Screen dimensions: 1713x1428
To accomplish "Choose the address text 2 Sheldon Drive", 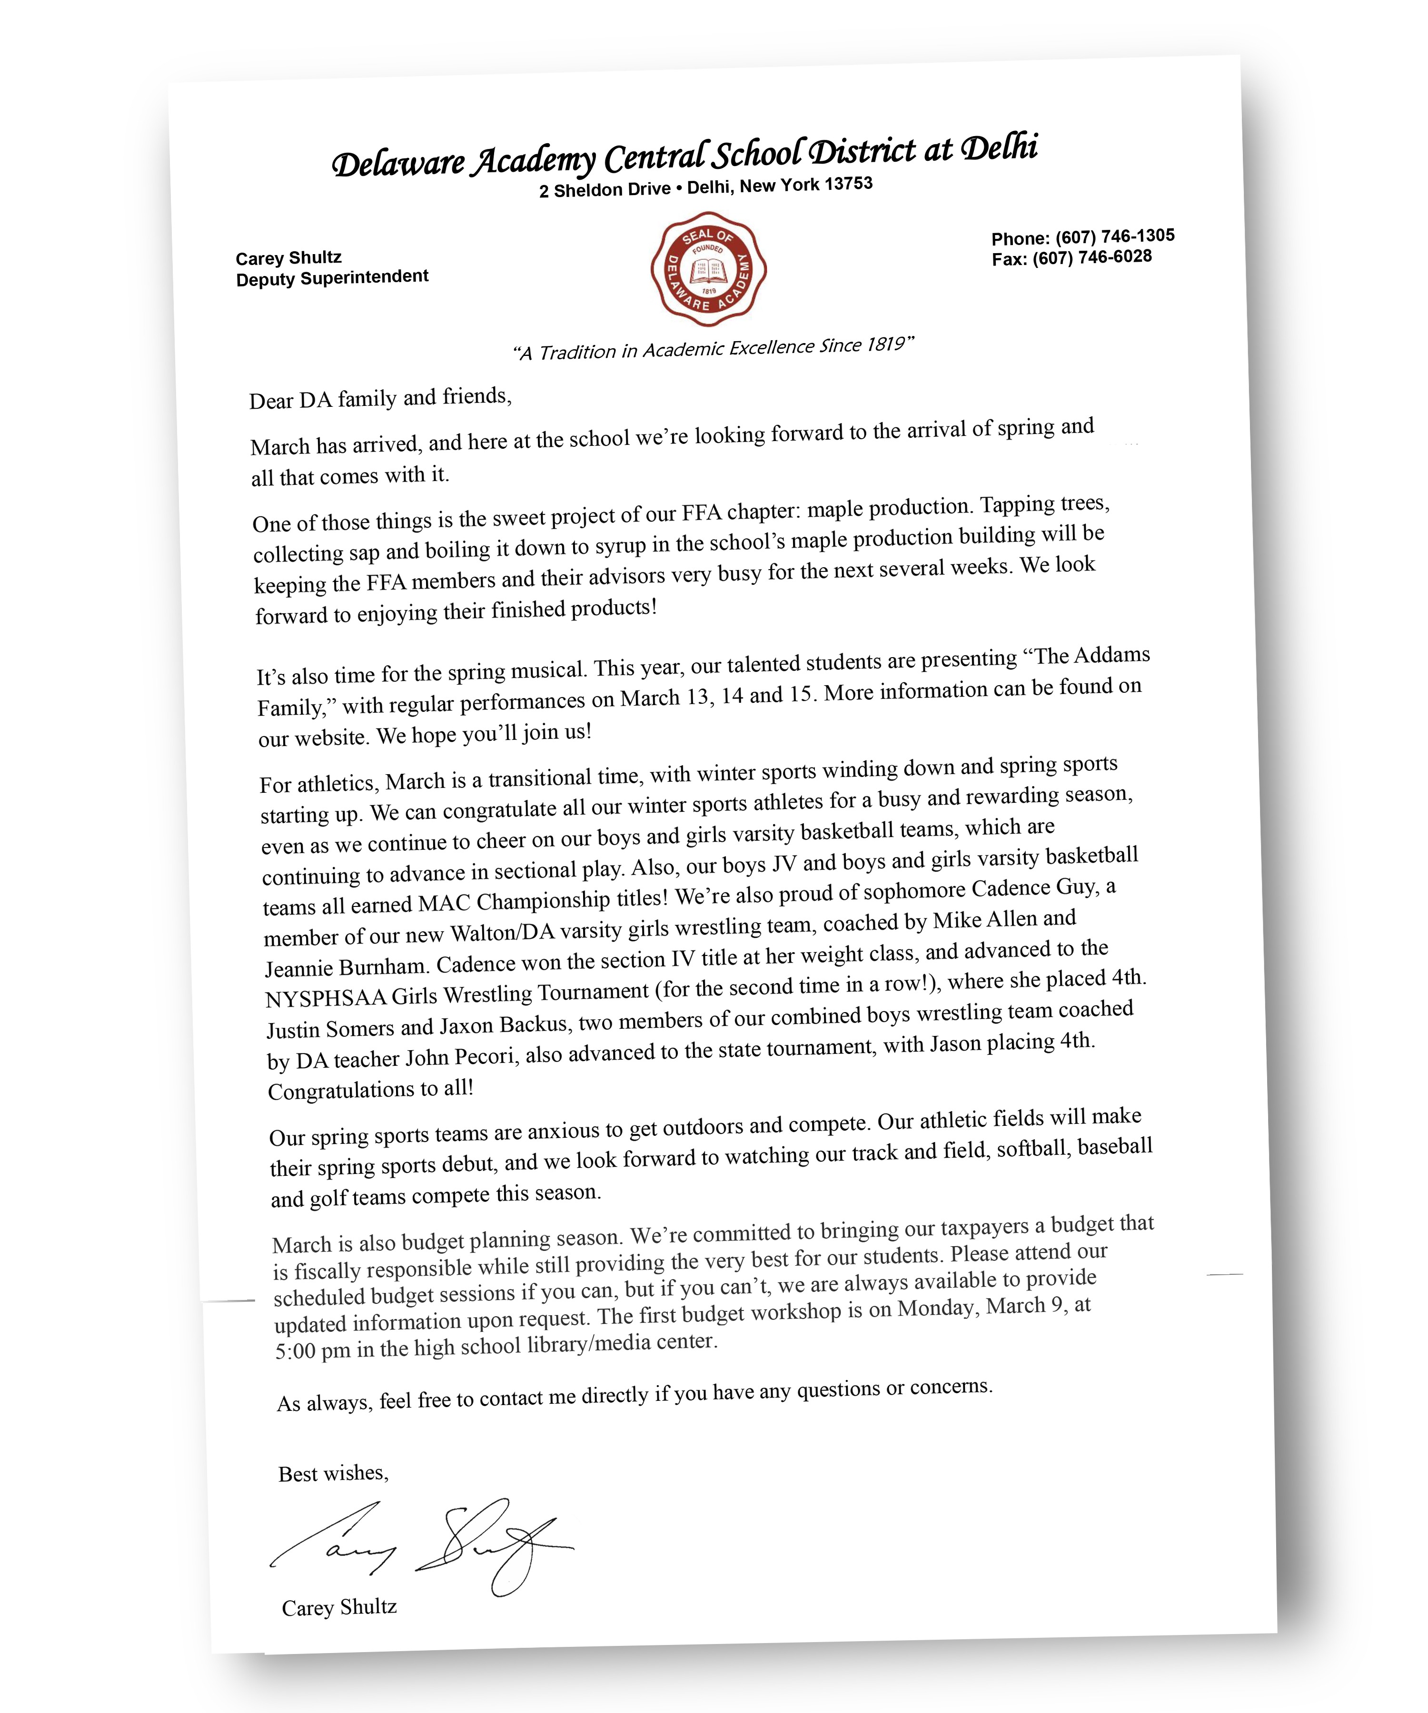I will (x=604, y=190).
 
